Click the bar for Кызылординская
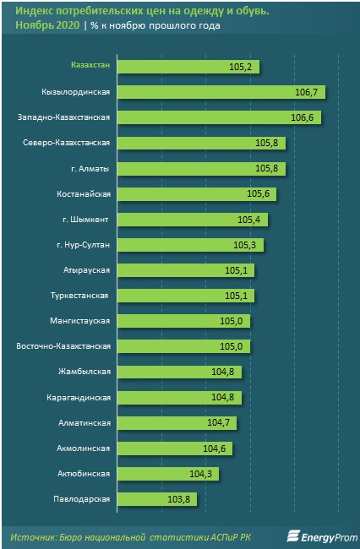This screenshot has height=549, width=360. [x=221, y=92]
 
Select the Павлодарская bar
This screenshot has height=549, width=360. [x=157, y=499]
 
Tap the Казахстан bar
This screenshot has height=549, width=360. [x=188, y=67]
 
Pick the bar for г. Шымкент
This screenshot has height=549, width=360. [x=193, y=220]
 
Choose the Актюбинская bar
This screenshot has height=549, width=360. [x=168, y=474]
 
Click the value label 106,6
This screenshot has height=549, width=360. [x=301, y=117]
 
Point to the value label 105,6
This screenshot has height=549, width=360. [x=258, y=194]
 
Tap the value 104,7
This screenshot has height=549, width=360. [x=218, y=423]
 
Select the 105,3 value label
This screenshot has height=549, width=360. [x=244, y=245]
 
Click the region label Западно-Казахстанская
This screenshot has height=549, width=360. [x=63, y=117]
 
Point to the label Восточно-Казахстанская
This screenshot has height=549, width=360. [x=63, y=346]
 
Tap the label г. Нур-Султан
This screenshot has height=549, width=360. [x=83, y=245]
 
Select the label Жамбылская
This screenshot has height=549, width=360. [x=85, y=372]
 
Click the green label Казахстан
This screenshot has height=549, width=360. [x=90, y=65]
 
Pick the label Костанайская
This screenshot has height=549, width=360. [x=84, y=193]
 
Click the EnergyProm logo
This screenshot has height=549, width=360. [x=322, y=536]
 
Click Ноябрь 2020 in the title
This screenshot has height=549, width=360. [x=47, y=25]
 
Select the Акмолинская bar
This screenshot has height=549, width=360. [x=175, y=448]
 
